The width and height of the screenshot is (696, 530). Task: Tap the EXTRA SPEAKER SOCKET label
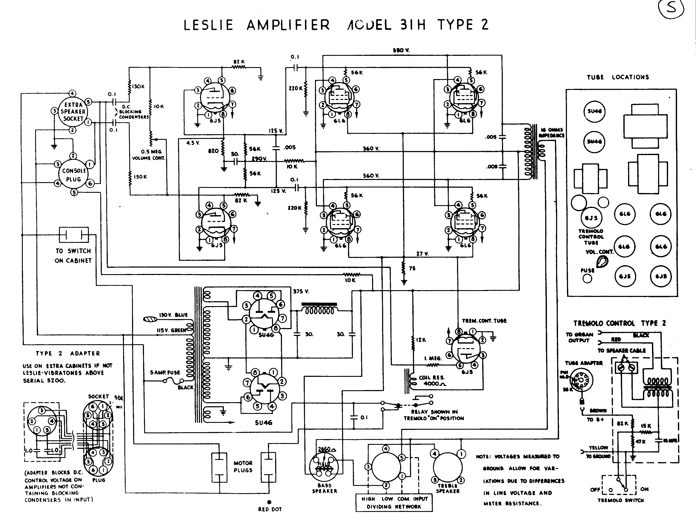pyautogui.click(x=73, y=112)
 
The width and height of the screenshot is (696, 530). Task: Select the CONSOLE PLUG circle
pyautogui.click(x=74, y=175)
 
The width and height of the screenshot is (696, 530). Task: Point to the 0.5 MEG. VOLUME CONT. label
pyautogui.click(x=148, y=155)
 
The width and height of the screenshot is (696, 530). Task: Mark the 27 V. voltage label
pyautogui.click(x=422, y=254)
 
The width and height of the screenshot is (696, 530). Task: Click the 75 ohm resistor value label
pyautogui.click(x=412, y=268)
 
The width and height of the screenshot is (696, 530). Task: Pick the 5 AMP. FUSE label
pyautogui.click(x=165, y=372)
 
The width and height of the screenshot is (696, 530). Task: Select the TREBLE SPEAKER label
pyautogui.click(x=447, y=488)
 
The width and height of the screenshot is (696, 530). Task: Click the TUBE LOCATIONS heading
pyautogui.click(x=617, y=77)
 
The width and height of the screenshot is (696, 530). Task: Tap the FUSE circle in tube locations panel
pyautogui.click(x=587, y=279)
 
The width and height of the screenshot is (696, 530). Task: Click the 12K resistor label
pyautogui.click(x=421, y=340)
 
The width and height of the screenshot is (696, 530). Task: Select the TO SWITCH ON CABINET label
pyautogui.click(x=73, y=256)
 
